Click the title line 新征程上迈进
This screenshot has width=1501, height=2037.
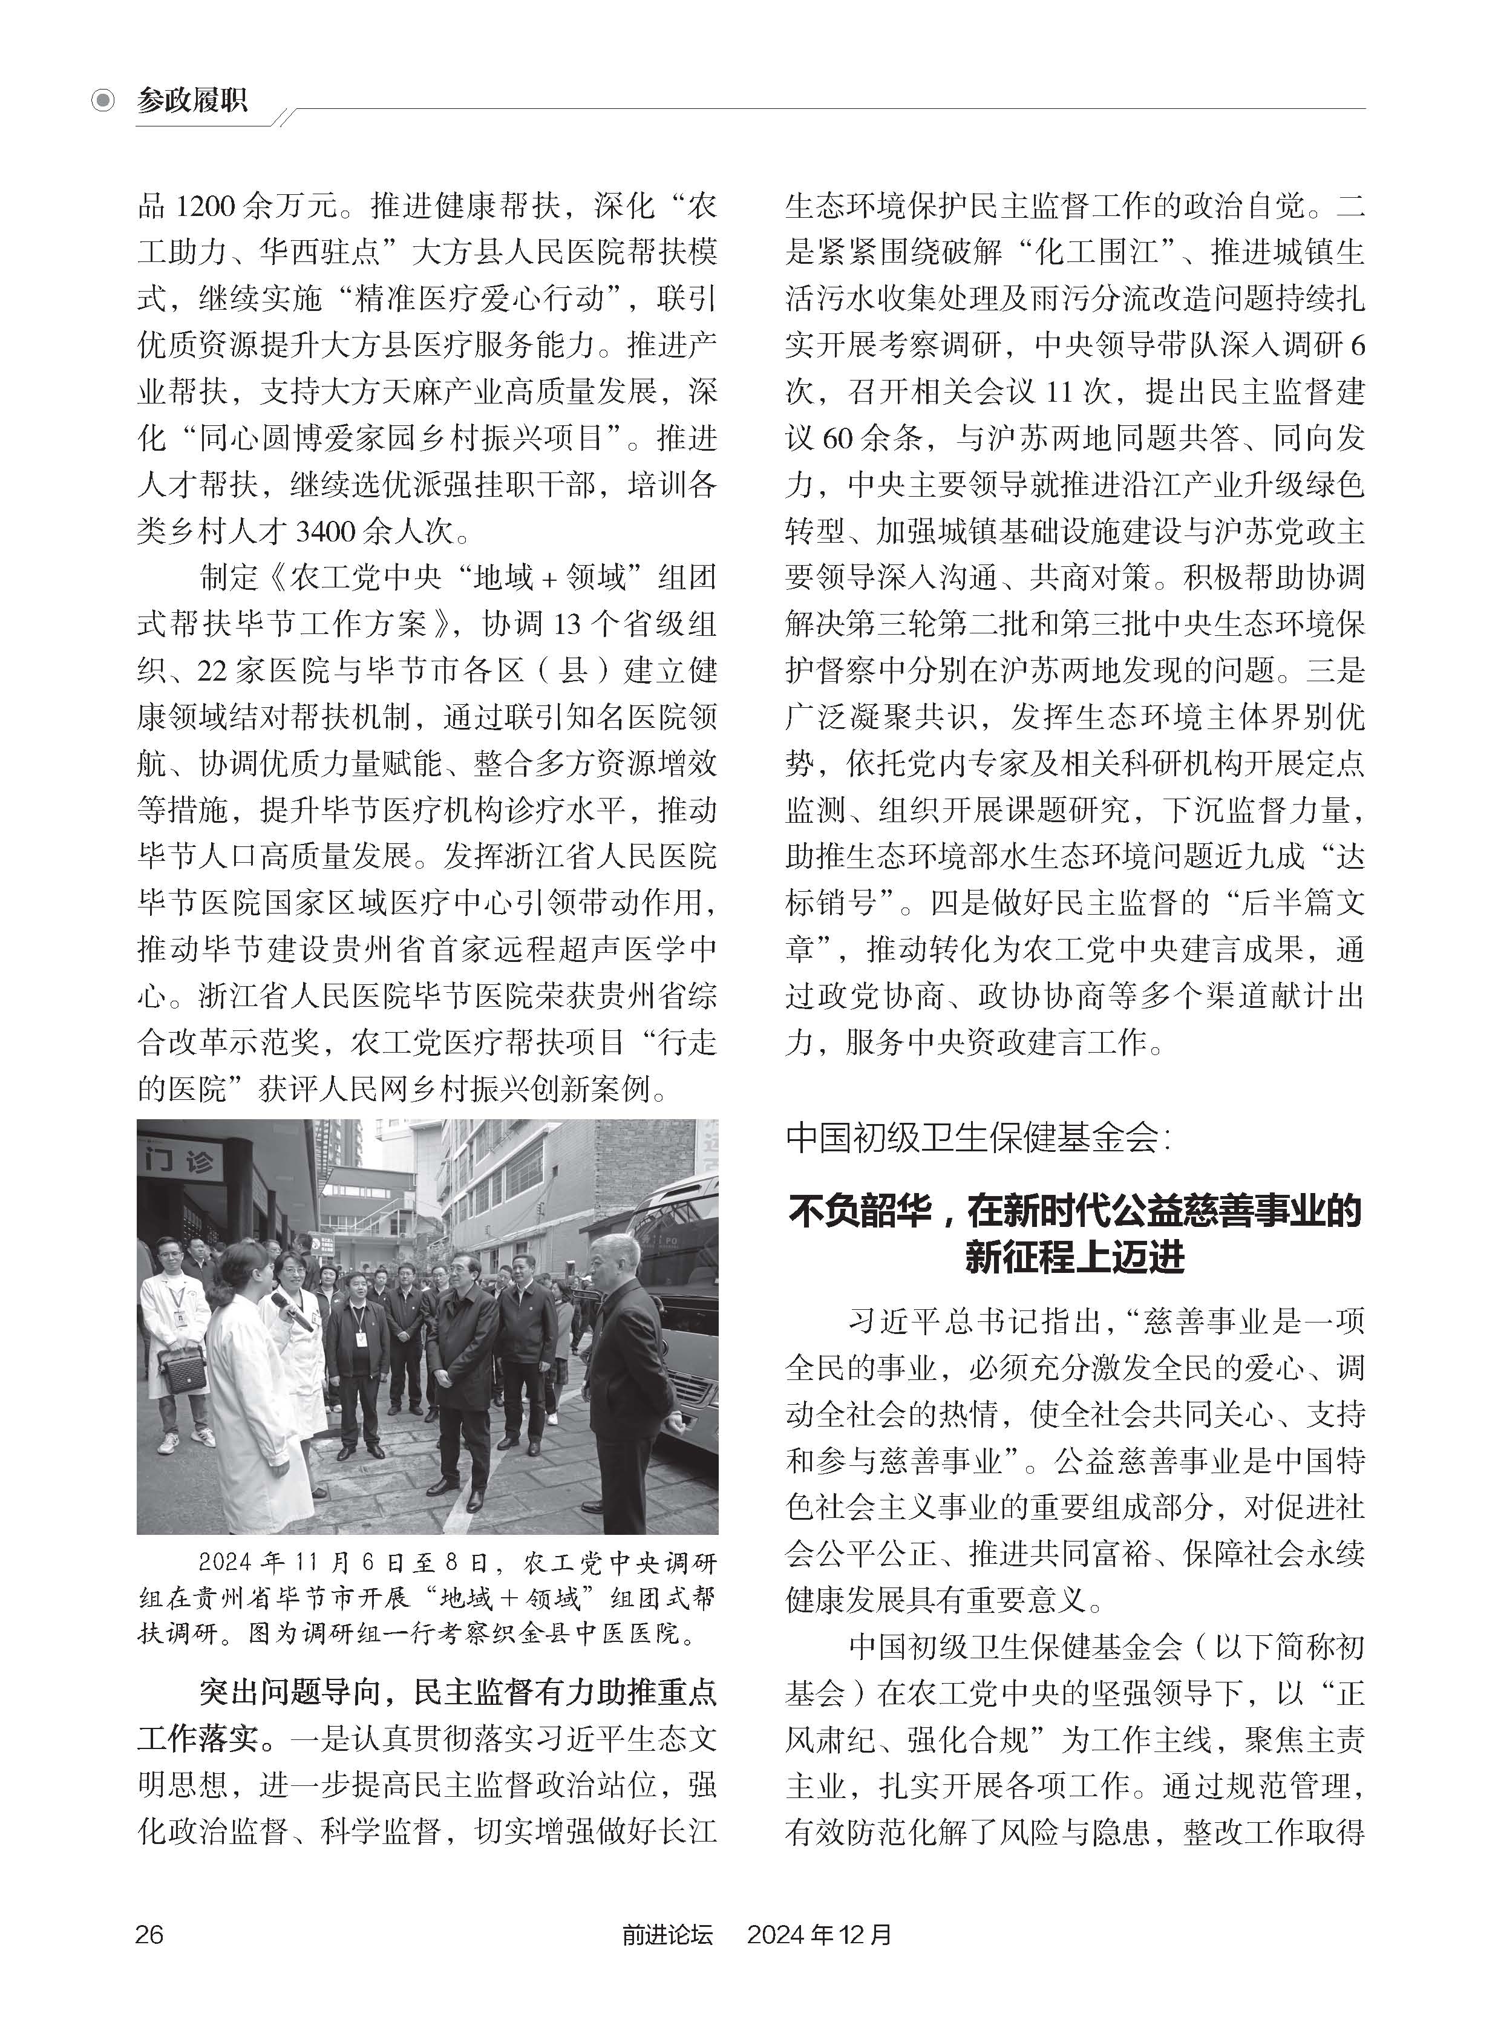click(1075, 1257)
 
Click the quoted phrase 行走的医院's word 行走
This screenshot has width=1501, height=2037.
click(686, 1042)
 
